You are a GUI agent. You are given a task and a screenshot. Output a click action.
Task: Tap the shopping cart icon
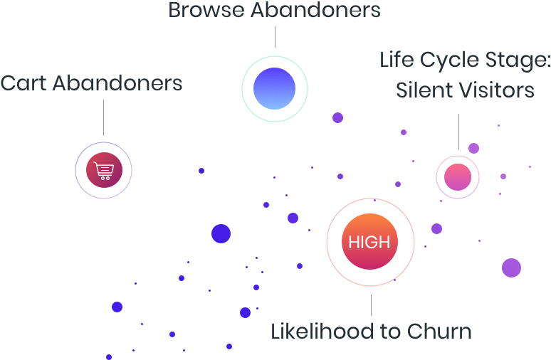(104, 171)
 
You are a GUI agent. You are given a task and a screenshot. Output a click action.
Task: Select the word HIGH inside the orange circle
(369, 242)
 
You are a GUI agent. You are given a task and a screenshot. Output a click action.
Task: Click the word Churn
(439, 332)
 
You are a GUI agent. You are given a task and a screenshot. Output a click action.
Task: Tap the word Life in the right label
(396, 60)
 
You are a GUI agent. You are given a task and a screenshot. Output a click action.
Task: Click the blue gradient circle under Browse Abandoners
(274, 89)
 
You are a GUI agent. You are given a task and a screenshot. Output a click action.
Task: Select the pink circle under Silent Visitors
(458, 177)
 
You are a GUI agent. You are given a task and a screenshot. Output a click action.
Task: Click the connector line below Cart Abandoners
(103, 117)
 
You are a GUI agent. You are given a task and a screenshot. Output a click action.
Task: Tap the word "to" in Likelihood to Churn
(391, 332)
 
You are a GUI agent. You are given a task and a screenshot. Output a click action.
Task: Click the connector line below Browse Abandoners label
(275, 38)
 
